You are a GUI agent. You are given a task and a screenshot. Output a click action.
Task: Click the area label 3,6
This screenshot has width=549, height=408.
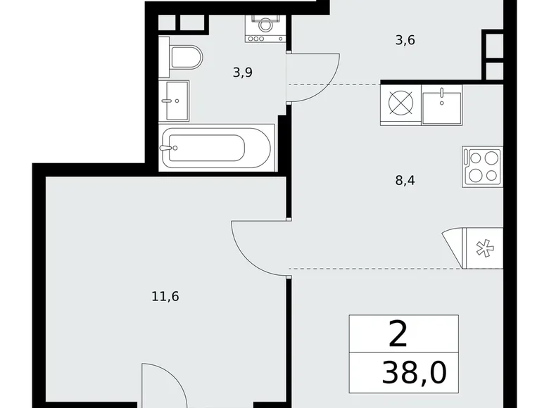pyautogui.click(x=405, y=40)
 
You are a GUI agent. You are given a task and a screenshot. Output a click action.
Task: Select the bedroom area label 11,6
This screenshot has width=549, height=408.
pyautogui.click(x=165, y=296)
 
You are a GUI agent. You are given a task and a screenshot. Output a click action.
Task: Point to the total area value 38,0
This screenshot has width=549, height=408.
pyautogui.click(x=414, y=372)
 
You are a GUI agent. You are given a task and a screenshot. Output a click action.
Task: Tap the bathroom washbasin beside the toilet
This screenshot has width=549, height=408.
pyautogui.click(x=174, y=101)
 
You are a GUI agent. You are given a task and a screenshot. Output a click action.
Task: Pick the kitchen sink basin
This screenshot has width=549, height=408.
pyautogui.click(x=442, y=105)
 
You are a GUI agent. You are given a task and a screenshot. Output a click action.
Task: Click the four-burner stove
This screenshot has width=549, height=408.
pyautogui.click(x=482, y=167)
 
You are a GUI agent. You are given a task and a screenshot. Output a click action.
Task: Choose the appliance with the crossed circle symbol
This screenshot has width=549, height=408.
pyautogui.click(x=400, y=105)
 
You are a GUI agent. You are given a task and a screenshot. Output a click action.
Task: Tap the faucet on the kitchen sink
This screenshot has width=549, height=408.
pyautogui.click(x=442, y=93)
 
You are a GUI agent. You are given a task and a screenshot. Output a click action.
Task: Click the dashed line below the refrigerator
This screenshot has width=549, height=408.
pyautogui.click(x=373, y=269)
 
